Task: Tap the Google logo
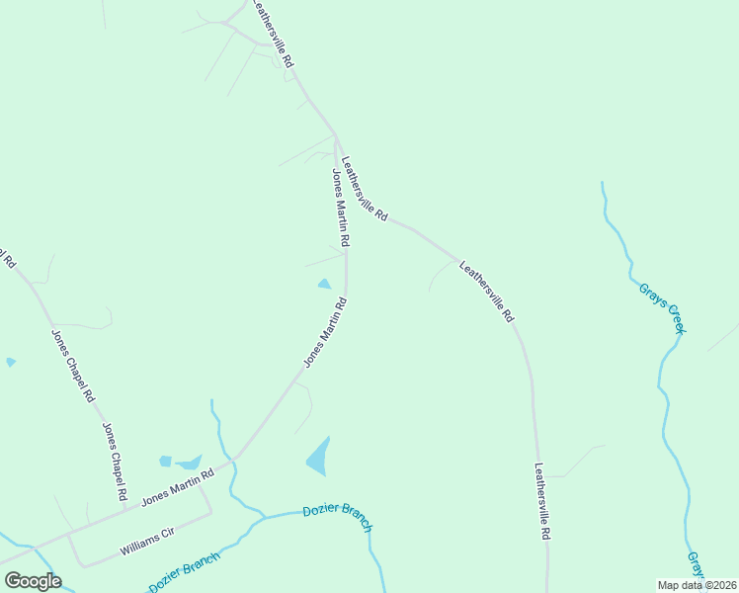click(x=33, y=581)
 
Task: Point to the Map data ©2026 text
click(x=698, y=585)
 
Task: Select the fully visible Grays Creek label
click(x=661, y=307)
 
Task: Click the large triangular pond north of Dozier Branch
click(x=318, y=457)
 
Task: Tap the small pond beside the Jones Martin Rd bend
click(x=324, y=285)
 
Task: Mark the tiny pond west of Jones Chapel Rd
click(x=10, y=363)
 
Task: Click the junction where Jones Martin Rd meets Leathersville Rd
click(x=336, y=134)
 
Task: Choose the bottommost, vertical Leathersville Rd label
click(x=541, y=500)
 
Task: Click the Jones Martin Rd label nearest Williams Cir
click(x=178, y=487)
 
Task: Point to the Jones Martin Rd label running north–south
click(x=340, y=208)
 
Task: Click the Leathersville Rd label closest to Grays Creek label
click(x=488, y=292)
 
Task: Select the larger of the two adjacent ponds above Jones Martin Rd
click(x=188, y=462)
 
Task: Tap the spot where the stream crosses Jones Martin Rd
click(x=230, y=463)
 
